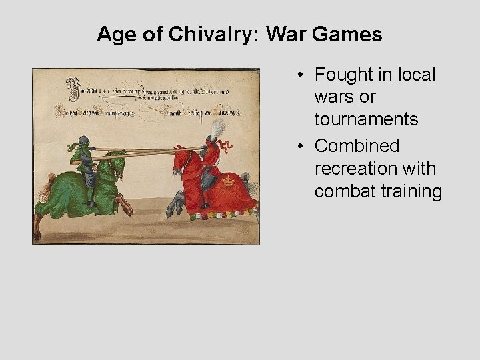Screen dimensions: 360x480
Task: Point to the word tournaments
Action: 367,120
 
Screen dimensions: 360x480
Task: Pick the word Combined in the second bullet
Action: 357,145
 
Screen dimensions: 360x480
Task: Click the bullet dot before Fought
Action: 302,75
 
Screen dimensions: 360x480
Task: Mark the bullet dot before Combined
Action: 302,146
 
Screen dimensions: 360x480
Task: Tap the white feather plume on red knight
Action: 217,128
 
